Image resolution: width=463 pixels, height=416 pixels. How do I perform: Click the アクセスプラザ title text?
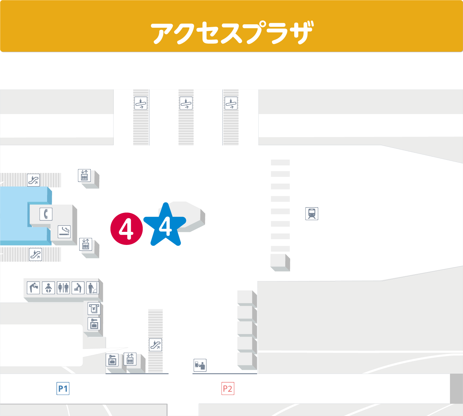pyautogui.click(x=232, y=32)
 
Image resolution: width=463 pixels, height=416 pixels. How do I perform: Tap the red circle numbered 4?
pyautogui.click(x=126, y=229)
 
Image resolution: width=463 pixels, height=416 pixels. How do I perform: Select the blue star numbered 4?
pyautogui.click(x=165, y=226)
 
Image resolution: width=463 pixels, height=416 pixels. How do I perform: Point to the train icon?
pyautogui.click(x=312, y=214)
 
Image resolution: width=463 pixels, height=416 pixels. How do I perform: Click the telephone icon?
pyautogui.click(x=46, y=214)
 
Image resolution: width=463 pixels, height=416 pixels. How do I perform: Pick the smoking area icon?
pyautogui.click(x=64, y=232)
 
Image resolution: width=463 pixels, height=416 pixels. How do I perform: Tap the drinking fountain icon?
pyautogui.click(x=33, y=288)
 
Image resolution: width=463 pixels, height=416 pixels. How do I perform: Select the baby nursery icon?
pyautogui.click(x=48, y=288)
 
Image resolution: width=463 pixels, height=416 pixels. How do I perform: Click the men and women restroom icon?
pyautogui.click(x=63, y=288)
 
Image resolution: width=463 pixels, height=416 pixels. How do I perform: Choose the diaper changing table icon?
pyautogui.click(x=78, y=288)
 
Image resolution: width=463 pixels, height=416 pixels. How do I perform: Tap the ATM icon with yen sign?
pyautogui.click(x=94, y=308)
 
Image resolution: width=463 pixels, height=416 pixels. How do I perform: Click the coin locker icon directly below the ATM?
pyautogui.click(x=94, y=324)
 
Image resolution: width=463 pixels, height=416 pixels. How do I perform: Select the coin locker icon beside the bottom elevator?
pyautogui.click(x=112, y=361)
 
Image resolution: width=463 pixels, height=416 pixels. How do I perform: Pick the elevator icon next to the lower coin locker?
pyautogui.click(x=130, y=359)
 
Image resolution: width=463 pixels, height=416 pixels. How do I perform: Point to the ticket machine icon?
pyautogui.click(x=200, y=365)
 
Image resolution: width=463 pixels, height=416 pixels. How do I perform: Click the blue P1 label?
pyautogui.click(x=63, y=389)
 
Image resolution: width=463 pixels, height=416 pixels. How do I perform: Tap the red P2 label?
pyautogui.click(x=228, y=389)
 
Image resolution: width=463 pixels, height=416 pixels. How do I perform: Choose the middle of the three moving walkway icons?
pyautogui.click(x=186, y=103)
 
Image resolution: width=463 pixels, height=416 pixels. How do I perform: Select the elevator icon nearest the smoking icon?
pyautogui.click(x=85, y=244)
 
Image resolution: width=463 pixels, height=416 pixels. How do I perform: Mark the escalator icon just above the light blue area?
pyautogui.click(x=33, y=180)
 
